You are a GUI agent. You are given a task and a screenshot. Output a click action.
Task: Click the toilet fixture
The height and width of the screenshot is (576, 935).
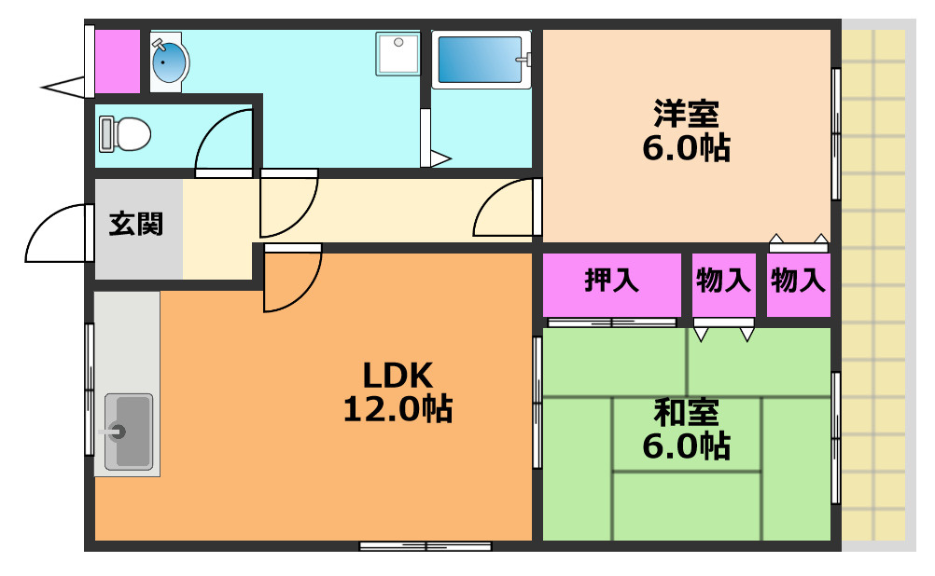[125, 134]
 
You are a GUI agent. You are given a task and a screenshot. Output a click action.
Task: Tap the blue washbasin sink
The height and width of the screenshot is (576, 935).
[169, 62]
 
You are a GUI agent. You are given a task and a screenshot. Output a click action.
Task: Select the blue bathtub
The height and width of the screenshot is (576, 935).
[481, 59]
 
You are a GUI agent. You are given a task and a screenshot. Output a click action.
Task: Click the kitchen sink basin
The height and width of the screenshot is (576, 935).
[129, 432]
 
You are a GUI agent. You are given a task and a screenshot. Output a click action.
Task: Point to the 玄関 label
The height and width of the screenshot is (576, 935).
[136, 224]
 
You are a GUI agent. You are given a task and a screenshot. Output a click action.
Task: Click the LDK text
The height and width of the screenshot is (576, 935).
[398, 376]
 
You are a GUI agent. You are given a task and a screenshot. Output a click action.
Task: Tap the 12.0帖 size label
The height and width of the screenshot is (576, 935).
[398, 409]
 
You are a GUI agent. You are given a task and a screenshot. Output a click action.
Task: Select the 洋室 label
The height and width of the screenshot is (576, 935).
[687, 113]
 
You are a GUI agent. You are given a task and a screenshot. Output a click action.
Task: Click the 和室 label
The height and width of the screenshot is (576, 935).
[687, 412]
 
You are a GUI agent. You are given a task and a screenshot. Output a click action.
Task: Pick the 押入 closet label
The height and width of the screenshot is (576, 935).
[612, 280]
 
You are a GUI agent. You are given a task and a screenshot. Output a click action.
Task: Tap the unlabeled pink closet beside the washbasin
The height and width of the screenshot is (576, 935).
[118, 62]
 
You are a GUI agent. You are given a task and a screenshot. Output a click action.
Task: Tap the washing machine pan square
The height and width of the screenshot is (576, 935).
[398, 54]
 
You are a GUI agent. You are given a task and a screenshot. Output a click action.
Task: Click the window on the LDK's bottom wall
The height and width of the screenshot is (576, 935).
[426, 545]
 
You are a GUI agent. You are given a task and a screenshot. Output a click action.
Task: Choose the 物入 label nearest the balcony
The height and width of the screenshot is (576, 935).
[798, 280]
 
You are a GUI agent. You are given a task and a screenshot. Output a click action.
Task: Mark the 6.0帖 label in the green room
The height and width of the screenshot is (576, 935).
[687, 446]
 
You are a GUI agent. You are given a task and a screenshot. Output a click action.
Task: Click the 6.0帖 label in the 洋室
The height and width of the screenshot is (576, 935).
[687, 147]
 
